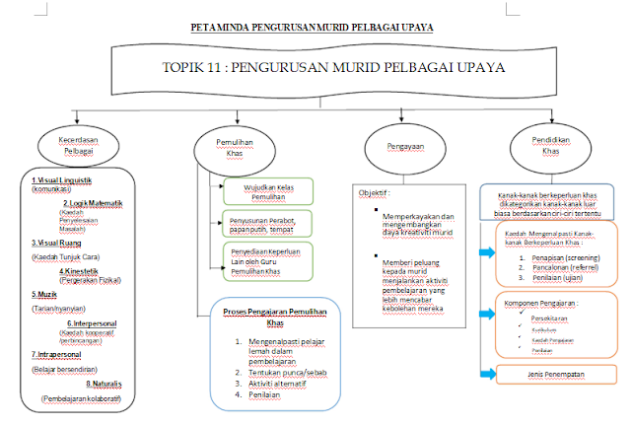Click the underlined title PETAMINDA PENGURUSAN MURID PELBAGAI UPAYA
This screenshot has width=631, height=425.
click(x=314, y=28)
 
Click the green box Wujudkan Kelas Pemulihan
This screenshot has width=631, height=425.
click(x=264, y=189)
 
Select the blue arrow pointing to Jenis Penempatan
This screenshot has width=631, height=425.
click(x=484, y=373)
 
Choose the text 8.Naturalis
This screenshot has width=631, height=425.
click(x=102, y=385)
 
